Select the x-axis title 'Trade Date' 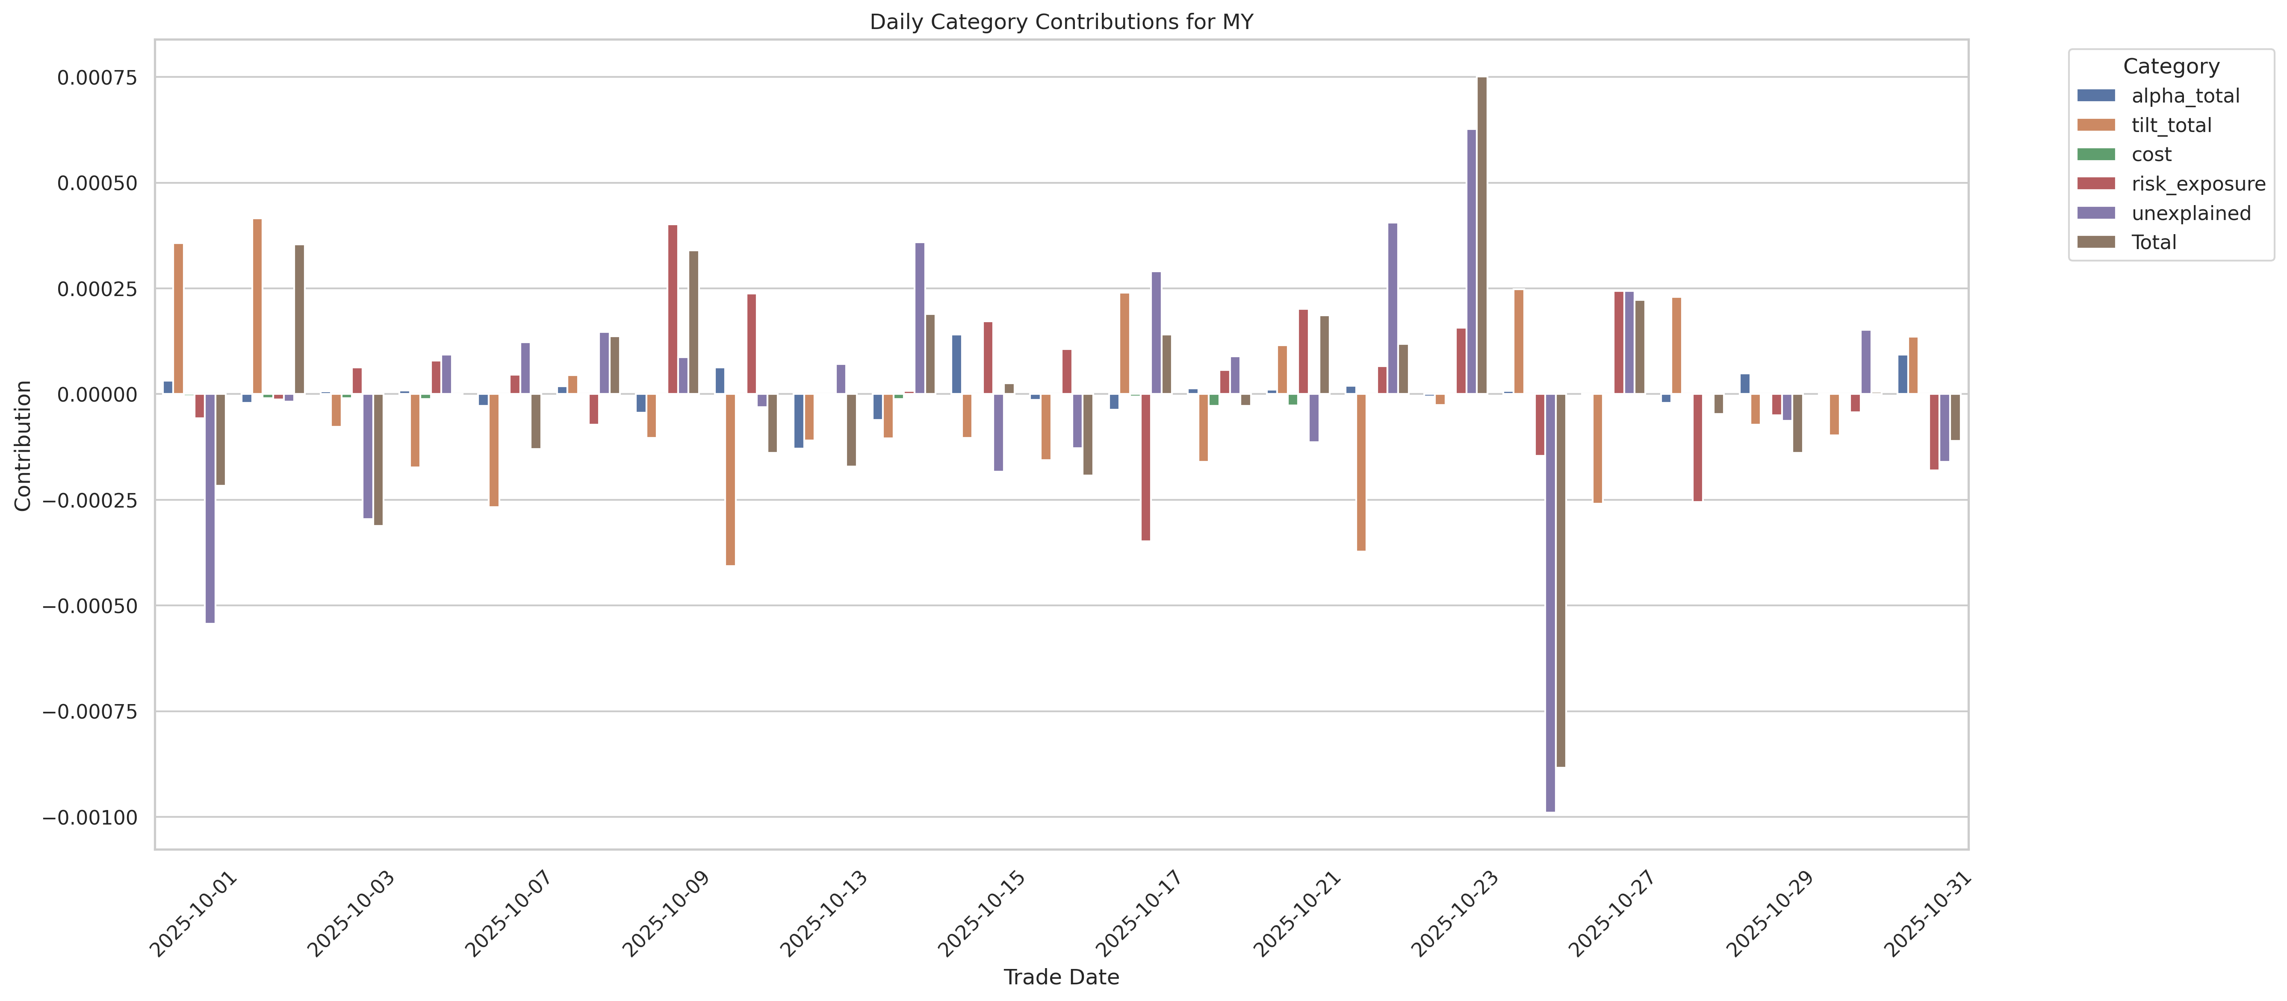pyautogui.click(x=1061, y=977)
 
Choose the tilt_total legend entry pyautogui.click(x=2171, y=125)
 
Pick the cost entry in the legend pyautogui.click(x=2151, y=154)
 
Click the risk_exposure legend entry pyautogui.click(x=2197, y=184)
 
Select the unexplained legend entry pyautogui.click(x=2190, y=213)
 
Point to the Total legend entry pyautogui.click(x=2153, y=242)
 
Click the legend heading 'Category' pyautogui.click(x=2171, y=67)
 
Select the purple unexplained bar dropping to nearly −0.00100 pyautogui.click(x=1550, y=603)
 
